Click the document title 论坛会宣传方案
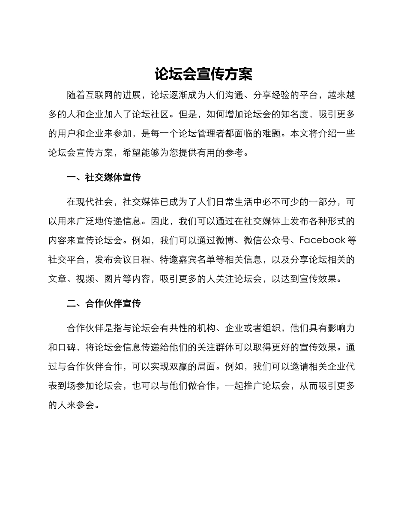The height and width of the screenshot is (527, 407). [x=203, y=75]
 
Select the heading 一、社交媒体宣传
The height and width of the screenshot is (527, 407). [x=104, y=177]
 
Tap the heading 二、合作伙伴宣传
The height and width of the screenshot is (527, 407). [x=104, y=304]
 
